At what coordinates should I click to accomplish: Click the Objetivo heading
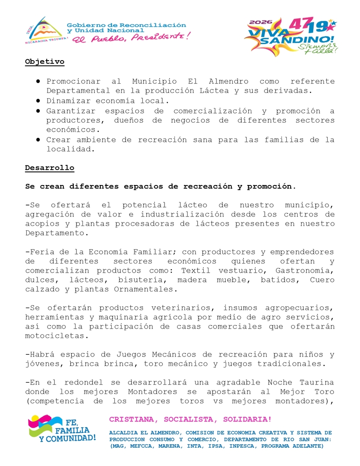click(x=45, y=62)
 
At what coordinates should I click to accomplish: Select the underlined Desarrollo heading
click(x=49, y=168)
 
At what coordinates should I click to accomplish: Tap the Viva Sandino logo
click(x=290, y=37)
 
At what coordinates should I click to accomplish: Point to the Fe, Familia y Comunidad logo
click(x=62, y=429)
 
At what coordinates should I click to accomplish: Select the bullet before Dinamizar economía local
click(x=38, y=101)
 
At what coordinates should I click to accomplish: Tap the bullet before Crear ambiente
click(x=38, y=140)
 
